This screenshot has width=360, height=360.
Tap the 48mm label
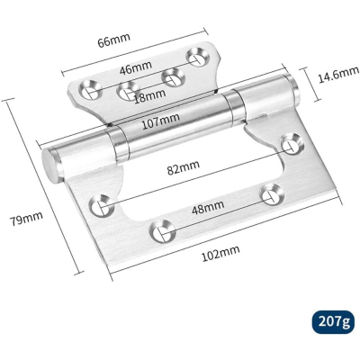pos(208,207)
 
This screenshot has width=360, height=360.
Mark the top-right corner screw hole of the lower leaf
pos(292,142)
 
